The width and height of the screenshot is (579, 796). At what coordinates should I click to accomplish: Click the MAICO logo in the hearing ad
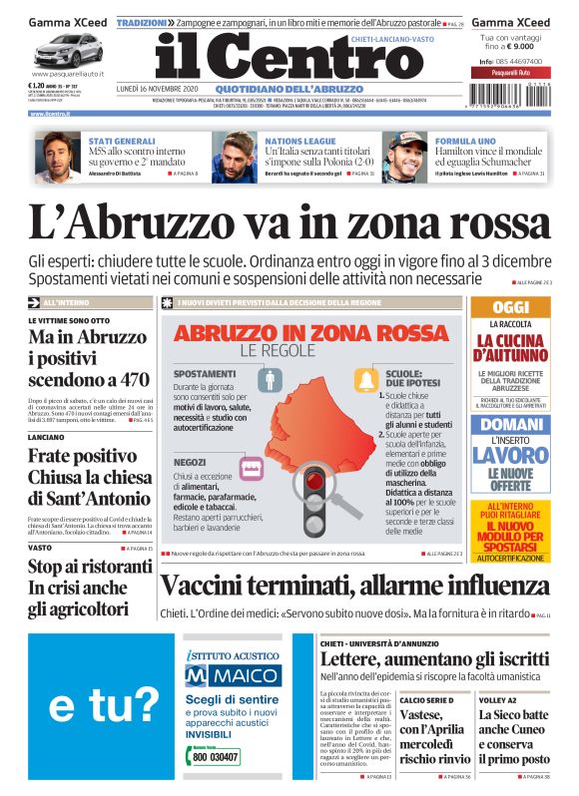[x=223, y=675]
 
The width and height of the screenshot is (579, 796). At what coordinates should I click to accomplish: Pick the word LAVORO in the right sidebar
[x=510, y=456]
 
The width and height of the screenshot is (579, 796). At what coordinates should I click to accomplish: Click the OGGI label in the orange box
[x=510, y=307]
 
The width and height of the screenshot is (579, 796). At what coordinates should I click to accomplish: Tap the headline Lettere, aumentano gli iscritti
[x=433, y=659]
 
